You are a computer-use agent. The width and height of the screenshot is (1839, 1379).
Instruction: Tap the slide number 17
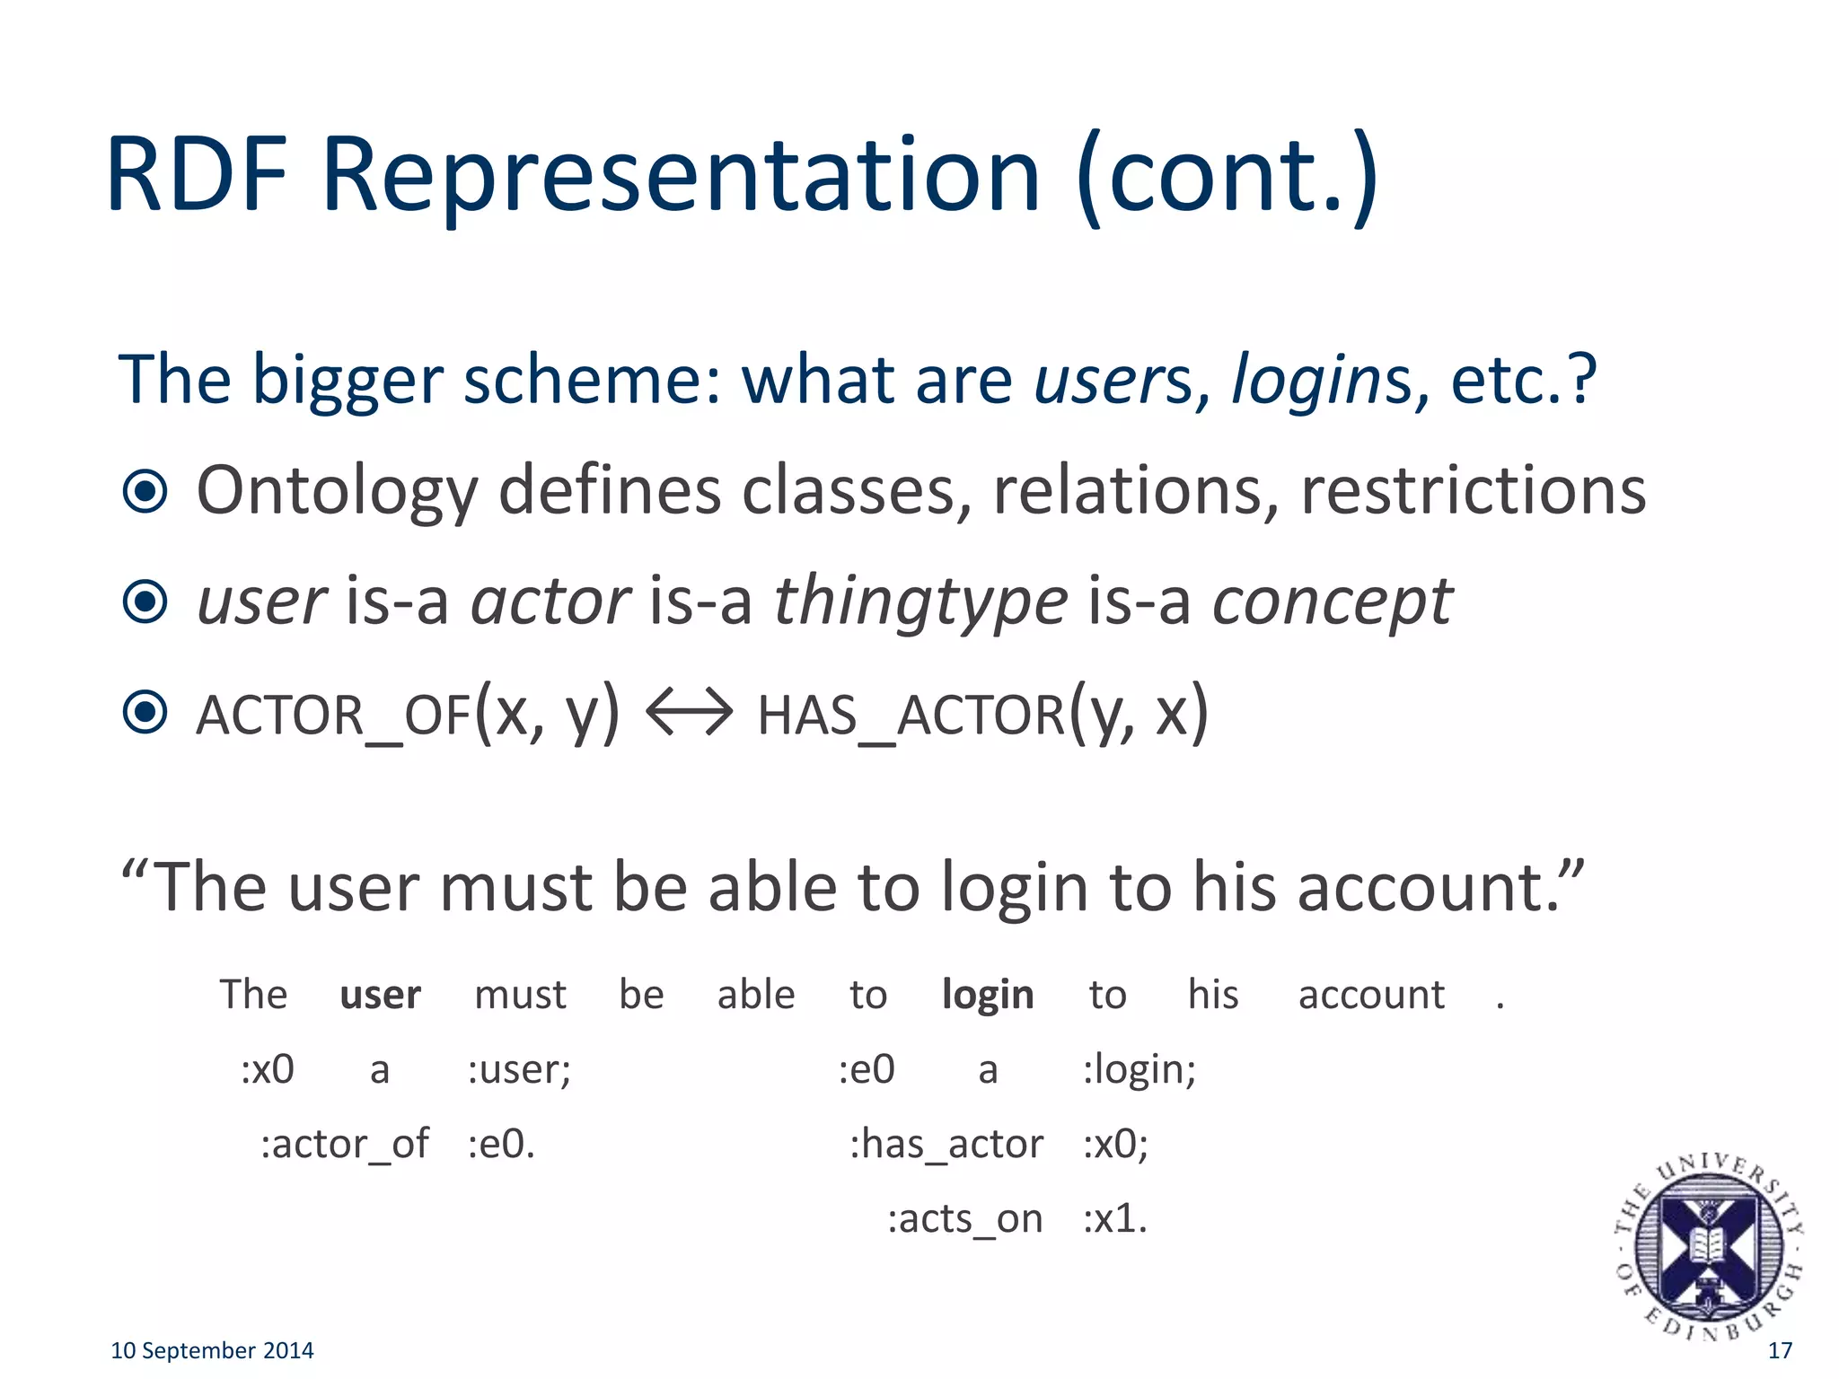pos(1779,1350)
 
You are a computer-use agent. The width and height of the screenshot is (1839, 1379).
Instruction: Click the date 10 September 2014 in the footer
pos(212,1350)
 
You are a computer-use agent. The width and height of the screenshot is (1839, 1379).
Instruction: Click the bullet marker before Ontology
pos(145,491)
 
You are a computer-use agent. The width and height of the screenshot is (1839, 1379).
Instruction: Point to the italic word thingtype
pos(920,602)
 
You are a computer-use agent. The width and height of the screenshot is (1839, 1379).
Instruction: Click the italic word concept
pos(1332,602)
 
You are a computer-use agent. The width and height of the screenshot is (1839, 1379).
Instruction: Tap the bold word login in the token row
pos(987,995)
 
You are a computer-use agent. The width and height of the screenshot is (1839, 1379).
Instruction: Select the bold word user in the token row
pos(380,995)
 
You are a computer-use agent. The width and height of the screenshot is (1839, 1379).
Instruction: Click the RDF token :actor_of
pos(345,1145)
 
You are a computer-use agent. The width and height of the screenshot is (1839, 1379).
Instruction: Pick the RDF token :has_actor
pos(946,1145)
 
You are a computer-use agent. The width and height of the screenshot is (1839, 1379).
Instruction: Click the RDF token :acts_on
pos(964,1219)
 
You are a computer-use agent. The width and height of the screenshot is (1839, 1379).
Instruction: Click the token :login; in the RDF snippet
pos(1139,1069)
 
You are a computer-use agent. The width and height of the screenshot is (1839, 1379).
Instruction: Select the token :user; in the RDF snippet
pos(519,1069)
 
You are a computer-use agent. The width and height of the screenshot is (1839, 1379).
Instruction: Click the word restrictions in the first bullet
pos(1473,491)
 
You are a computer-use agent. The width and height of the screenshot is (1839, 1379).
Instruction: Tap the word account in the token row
pos(1371,995)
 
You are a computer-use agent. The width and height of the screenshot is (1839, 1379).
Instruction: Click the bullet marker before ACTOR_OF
pos(145,713)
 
